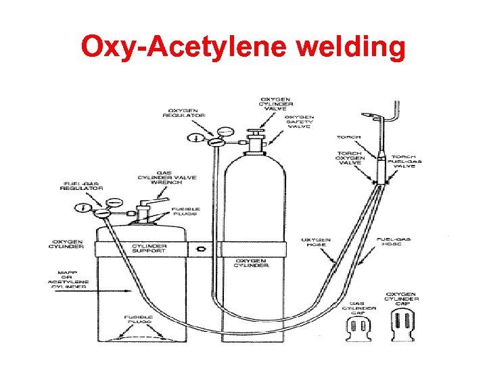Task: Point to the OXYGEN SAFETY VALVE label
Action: click(298, 120)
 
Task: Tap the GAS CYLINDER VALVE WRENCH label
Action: click(167, 177)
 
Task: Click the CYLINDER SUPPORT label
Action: click(148, 249)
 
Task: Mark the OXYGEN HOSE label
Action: click(316, 241)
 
